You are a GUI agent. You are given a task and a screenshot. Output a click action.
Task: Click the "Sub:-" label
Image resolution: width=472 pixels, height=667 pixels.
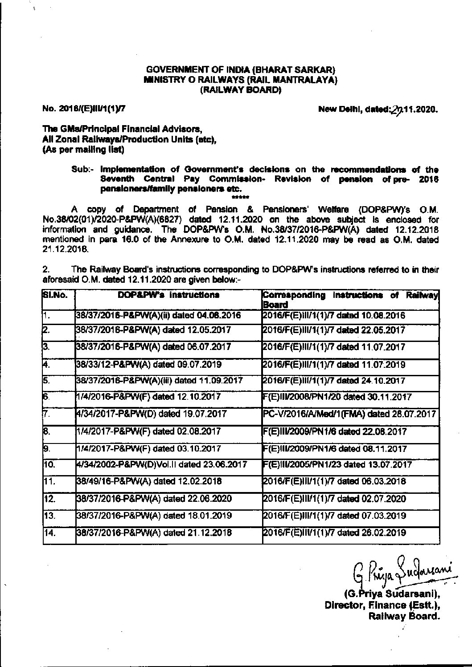[x=84, y=170]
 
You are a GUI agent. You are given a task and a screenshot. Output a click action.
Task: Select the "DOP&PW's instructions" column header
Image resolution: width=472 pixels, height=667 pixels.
[x=168, y=295]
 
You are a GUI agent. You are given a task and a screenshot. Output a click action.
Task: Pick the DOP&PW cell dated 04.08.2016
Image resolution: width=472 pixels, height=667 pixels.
[x=158, y=315]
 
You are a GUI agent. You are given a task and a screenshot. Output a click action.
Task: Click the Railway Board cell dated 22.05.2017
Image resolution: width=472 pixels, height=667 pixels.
[x=334, y=330]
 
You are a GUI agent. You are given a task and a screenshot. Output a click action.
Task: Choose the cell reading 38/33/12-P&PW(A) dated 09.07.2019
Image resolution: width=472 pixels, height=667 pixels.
[x=149, y=365]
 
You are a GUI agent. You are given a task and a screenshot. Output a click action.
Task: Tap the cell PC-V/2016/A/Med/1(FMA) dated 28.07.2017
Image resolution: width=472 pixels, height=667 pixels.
[x=349, y=414]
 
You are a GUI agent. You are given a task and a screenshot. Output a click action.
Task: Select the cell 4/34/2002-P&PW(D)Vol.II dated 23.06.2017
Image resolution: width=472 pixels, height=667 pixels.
[x=161, y=464]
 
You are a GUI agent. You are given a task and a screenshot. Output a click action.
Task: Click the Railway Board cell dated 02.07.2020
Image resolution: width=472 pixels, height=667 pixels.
[x=334, y=499]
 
